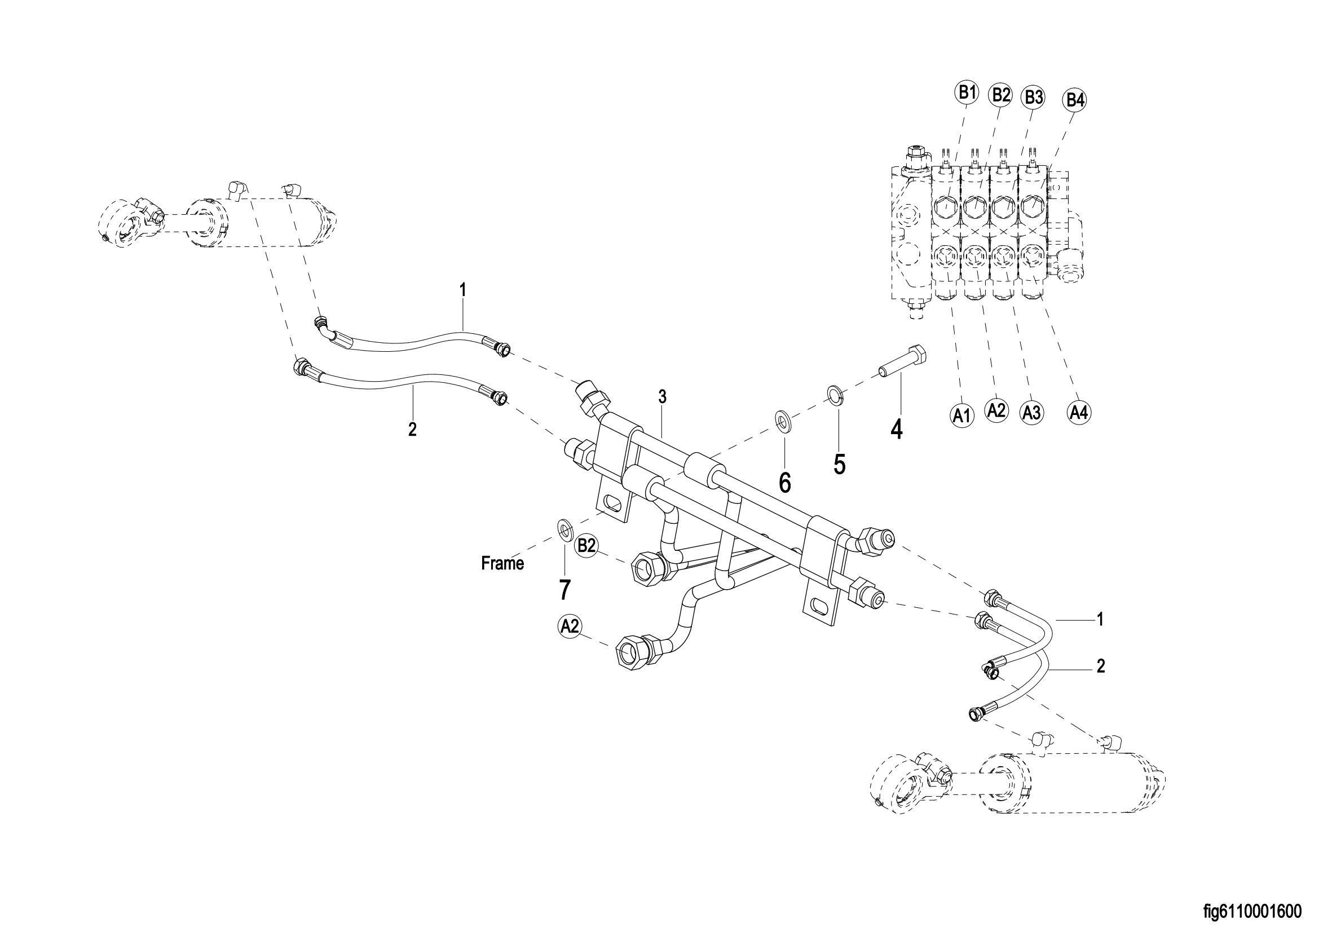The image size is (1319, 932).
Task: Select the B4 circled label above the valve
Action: [1075, 100]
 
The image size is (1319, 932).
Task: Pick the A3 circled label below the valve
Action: [1031, 413]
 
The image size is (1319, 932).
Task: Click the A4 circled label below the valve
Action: [1079, 412]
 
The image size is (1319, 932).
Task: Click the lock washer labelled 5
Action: [835, 395]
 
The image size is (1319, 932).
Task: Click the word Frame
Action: [502, 564]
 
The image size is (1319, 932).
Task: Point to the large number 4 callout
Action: [896, 430]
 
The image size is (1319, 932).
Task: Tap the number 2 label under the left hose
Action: [412, 429]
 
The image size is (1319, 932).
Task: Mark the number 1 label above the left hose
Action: [463, 289]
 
